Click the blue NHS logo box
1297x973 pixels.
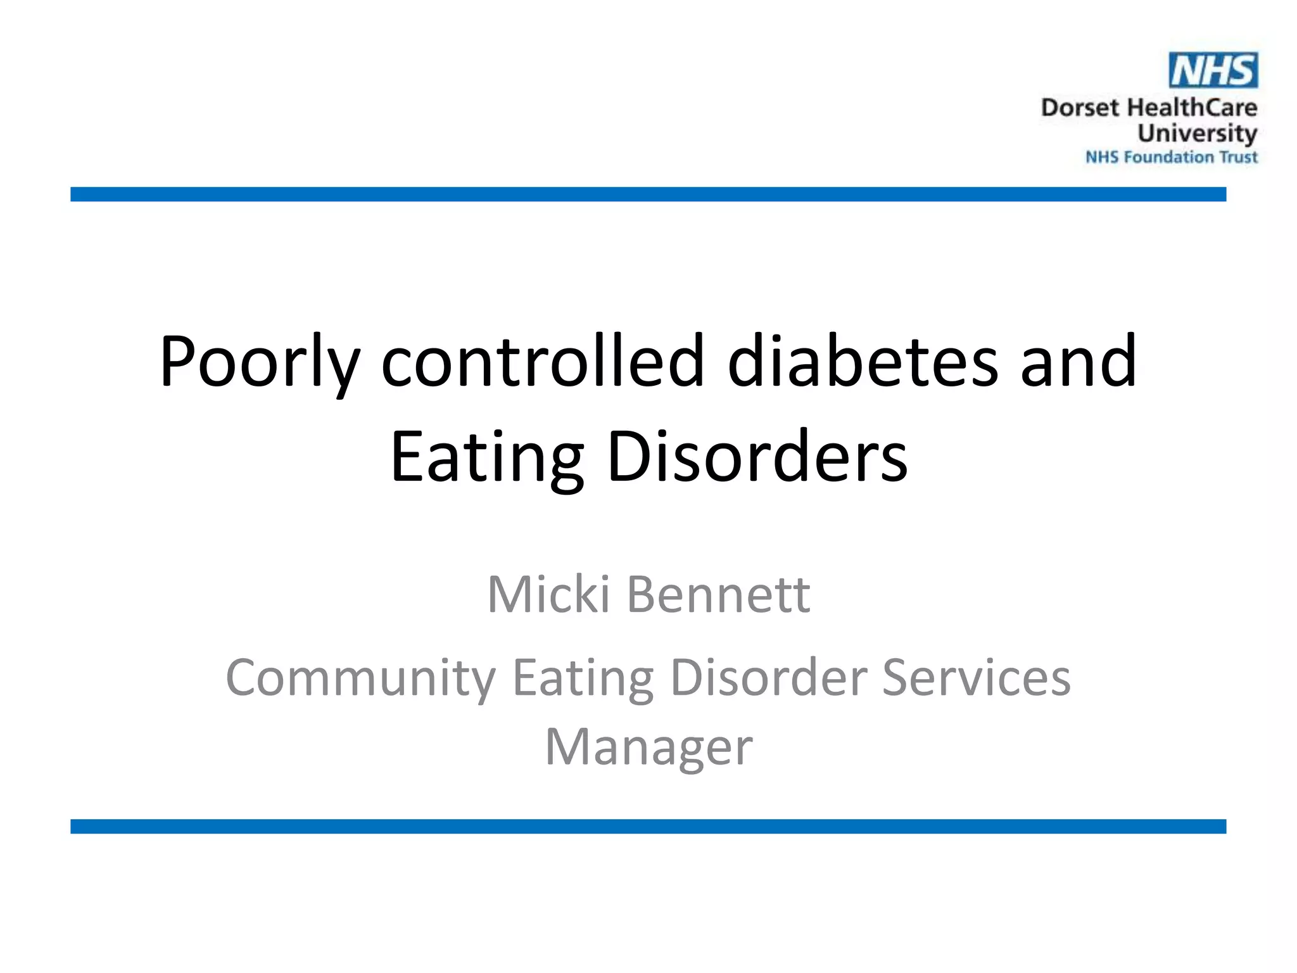pos(1213,70)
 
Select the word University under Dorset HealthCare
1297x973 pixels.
pos(1197,134)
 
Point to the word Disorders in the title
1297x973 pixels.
pos(757,456)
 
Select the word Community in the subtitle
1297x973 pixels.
pos(360,678)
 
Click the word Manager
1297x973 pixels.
pos(648,747)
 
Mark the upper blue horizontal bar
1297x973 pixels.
pos(648,194)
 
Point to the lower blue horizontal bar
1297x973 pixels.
pos(648,826)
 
